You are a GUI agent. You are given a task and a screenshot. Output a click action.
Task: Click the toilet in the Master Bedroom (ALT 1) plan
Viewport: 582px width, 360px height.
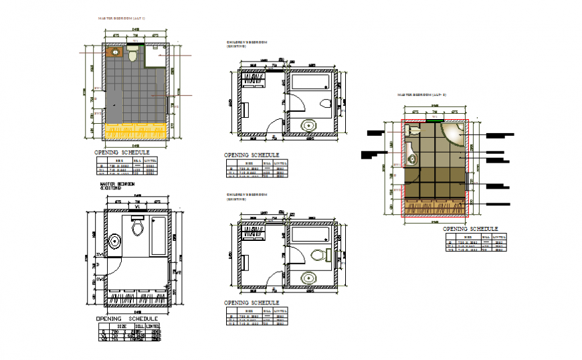[x=132, y=56]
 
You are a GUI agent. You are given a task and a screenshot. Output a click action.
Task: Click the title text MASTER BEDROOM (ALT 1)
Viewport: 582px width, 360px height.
[x=121, y=20]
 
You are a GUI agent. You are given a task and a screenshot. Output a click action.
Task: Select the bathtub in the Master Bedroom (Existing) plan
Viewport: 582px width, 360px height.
[x=159, y=236]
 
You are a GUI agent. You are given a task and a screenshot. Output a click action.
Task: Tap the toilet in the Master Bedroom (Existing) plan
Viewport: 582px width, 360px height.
[x=138, y=228]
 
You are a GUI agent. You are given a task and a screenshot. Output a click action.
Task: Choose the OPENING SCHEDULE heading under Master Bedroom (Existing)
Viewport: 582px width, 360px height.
[x=127, y=319]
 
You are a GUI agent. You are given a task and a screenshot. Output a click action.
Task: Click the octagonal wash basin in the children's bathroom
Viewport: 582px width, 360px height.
[x=309, y=125]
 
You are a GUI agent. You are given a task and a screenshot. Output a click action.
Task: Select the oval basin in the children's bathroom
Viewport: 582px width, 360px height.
[x=309, y=276]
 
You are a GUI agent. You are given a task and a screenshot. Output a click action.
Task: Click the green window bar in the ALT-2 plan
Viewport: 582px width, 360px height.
[x=433, y=121]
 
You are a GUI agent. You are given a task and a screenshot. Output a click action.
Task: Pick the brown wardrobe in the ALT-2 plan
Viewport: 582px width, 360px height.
[x=434, y=208]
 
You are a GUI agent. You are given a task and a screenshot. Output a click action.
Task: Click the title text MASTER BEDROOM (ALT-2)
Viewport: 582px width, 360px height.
[x=422, y=95]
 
